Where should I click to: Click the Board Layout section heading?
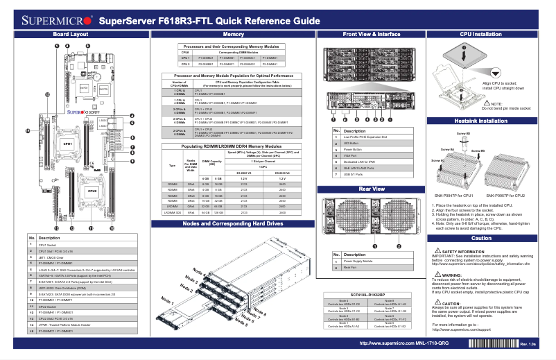pyautogui.click(x=70, y=33)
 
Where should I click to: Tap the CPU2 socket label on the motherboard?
pyautogui.click(x=91, y=189)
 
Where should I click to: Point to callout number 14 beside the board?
pyautogui.click(x=28, y=130)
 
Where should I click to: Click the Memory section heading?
pyautogui.click(x=232, y=33)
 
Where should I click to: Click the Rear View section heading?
pyautogui.click(x=371, y=188)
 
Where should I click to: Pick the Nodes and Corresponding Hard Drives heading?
pyautogui.click(x=232, y=224)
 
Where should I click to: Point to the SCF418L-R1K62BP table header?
pyautogui.click(x=370, y=295)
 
